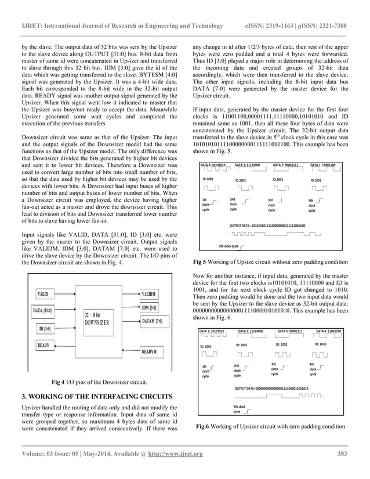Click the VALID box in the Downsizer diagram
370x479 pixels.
coord(42,295)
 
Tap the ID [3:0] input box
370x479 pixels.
coord(45,329)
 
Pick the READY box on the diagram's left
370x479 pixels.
coord(43,346)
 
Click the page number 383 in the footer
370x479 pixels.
coord(342,453)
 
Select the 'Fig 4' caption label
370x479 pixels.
coord(59,382)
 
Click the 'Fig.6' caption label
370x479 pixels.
coord(203,427)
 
